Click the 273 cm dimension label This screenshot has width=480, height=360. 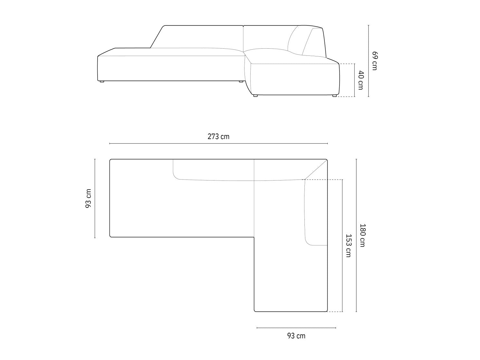(218, 137)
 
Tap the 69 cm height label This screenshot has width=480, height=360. (375, 61)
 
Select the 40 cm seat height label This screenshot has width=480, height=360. (360, 80)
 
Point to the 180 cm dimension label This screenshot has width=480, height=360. (362, 235)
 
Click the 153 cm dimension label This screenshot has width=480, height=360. (348, 246)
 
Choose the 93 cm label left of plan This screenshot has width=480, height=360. (88, 199)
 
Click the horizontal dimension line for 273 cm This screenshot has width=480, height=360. (218, 143)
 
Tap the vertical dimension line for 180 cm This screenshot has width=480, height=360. (356, 235)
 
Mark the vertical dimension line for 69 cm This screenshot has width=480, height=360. (369, 61)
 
